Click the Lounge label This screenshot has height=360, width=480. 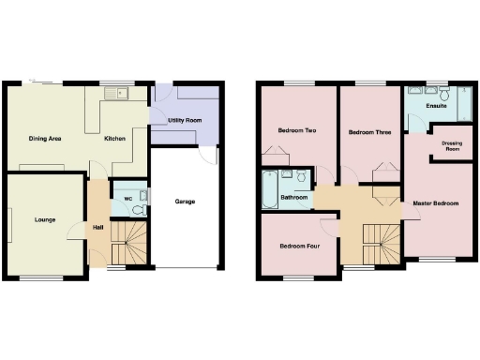44,220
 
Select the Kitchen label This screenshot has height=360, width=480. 115,139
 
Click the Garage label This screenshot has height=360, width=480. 185,201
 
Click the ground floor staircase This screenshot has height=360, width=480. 129,243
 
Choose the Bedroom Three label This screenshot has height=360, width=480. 369,132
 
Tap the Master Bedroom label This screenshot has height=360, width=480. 436,202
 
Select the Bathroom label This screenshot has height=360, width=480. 294,198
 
